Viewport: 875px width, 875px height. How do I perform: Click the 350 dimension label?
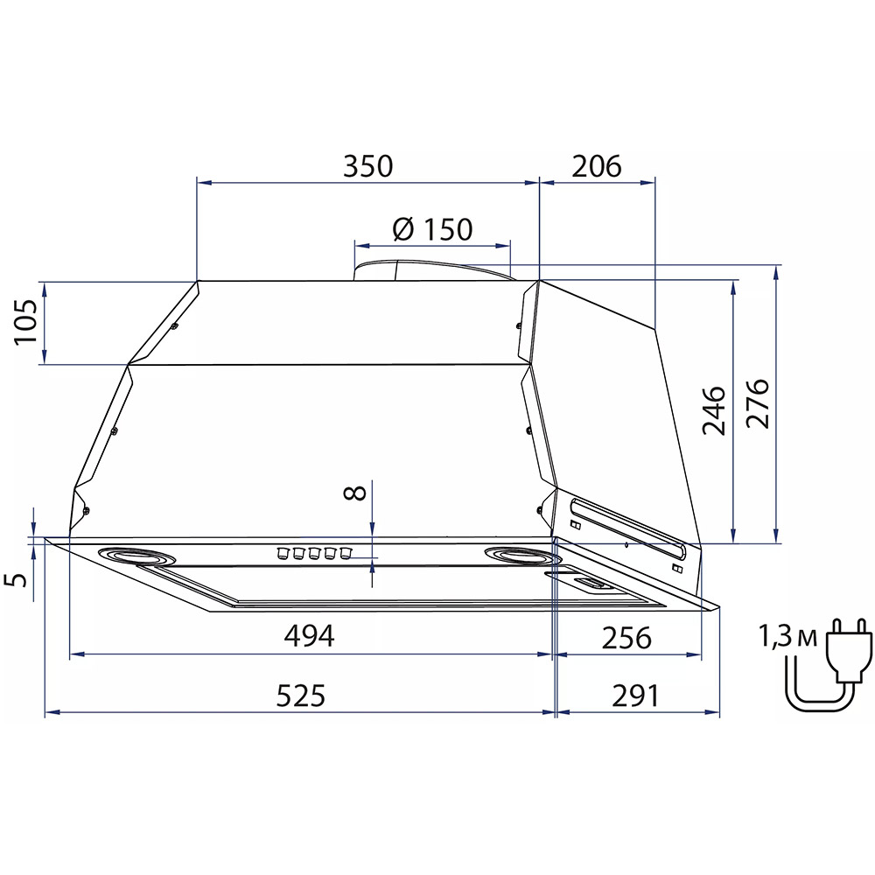(367, 166)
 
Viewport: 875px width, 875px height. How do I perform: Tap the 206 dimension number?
(597, 166)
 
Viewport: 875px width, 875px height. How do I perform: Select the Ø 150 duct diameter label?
(432, 228)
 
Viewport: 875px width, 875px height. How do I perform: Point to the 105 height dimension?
(25, 323)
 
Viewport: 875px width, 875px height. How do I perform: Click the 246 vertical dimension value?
(713, 410)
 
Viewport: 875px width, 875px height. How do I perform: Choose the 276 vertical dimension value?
(757, 403)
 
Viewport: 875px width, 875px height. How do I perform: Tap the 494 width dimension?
(309, 635)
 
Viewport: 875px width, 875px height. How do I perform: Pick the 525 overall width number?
(301, 696)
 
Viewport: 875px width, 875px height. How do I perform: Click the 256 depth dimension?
(626, 638)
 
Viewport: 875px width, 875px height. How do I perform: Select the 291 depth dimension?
(635, 696)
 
